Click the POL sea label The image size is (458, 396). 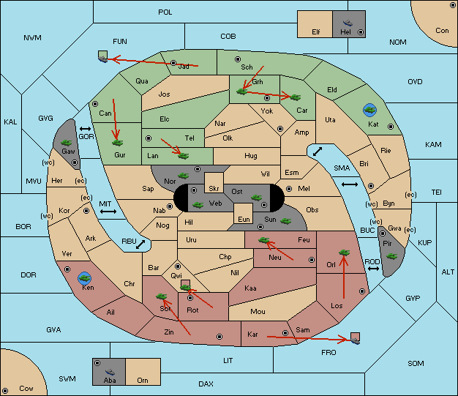tap(165, 12)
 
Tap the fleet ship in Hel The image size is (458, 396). tap(348, 23)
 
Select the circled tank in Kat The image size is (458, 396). tap(369, 111)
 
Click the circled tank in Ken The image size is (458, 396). tap(85, 278)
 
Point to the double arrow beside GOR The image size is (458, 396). tap(86, 129)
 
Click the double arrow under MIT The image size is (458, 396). tap(108, 212)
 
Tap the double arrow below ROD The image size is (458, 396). tap(373, 269)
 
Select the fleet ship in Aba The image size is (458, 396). tap(110, 372)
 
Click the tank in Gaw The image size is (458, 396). tap(67, 143)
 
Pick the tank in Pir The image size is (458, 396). tap(391, 256)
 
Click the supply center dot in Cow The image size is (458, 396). tap(5, 391)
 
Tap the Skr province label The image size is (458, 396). tap(214, 189)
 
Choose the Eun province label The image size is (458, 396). tap(244, 219)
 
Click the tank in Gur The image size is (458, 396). tap(117, 143)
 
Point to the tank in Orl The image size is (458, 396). tap(344, 253)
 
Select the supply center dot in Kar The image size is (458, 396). tap(285, 333)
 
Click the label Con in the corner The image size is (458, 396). tap(442, 31)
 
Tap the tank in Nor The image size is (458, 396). tap(184, 176)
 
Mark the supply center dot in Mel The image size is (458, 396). tap(289, 189)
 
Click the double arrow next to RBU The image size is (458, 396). tap(140, 244)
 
